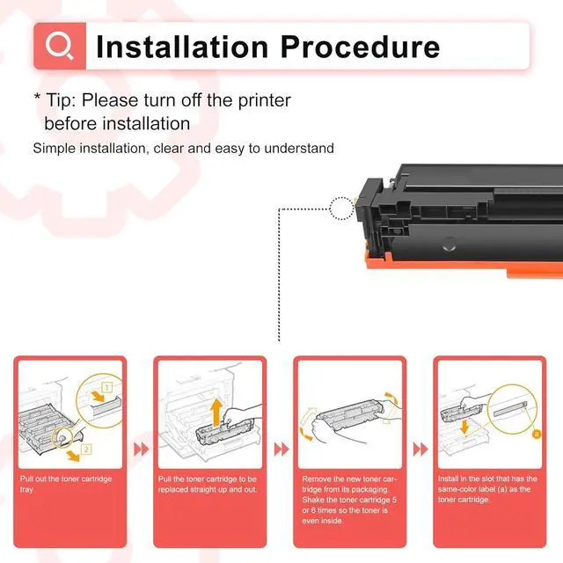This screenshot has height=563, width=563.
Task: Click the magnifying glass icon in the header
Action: [59, 46]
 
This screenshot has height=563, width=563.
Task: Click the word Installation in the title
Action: [182, 47]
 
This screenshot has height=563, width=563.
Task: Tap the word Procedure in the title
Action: [360, 47]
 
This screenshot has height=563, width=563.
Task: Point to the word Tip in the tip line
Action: [61, 100]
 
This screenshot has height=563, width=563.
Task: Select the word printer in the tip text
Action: [264, 100]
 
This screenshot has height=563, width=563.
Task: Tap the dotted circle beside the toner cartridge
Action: [341, 208]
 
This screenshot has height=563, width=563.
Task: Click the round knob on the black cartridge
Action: [450, 245]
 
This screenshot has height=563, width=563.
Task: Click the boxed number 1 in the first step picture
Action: [107, 387]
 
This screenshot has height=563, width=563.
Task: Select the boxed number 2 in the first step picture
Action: [86, 449]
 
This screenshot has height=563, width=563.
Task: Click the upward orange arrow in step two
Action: [216, 413]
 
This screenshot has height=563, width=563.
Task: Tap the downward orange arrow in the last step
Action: [464, 427]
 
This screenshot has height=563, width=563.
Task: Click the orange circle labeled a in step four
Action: [537, 434]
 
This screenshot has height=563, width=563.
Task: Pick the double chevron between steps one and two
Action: [141, 449]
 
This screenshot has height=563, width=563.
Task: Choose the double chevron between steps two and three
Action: [281, 449]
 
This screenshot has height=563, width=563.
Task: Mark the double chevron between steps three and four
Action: [420, 449]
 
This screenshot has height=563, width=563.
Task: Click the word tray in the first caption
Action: [26, 490]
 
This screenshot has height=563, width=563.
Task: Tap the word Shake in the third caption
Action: [313, 500]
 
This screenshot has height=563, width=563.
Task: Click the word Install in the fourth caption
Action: [448, 479]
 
